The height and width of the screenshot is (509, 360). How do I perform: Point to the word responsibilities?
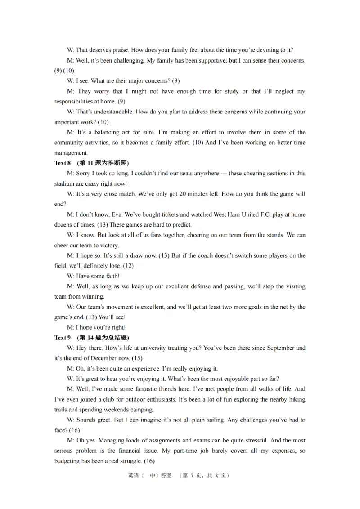coord(75,102)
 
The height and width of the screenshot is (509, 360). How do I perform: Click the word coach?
coord(205,255)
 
